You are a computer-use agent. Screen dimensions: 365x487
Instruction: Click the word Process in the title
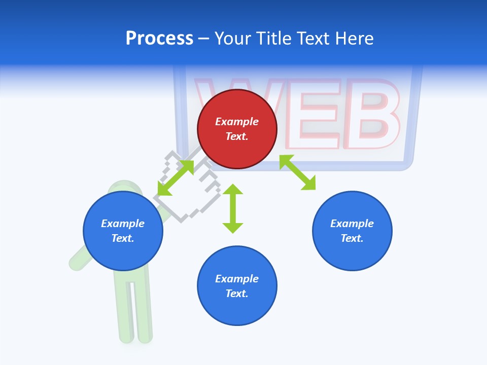pos(159,39)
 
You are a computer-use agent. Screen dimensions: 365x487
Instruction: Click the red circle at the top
pos(237,129)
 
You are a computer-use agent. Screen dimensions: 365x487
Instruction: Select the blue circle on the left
pos(123,231)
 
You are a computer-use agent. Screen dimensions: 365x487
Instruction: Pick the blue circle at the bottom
pos(237,286)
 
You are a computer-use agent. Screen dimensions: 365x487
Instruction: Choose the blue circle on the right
pos(352,231)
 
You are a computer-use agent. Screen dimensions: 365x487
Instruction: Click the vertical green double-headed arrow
pos(233,208)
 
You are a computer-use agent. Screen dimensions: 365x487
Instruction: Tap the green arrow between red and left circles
pos(176,177)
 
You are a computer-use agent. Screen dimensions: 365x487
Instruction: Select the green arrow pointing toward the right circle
pos(298,172)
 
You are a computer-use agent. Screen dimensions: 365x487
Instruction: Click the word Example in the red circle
pos(237,122)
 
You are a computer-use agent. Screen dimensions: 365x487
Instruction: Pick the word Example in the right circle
pos(352,224)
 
